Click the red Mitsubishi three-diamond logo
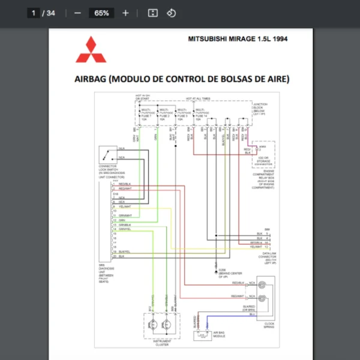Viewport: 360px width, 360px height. [90, 50]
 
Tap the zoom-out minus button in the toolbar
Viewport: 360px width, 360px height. [78, 13]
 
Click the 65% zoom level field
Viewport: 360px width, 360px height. [101, 13]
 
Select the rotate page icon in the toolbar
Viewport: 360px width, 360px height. [171, 13]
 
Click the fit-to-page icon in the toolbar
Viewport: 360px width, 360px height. [152, 13]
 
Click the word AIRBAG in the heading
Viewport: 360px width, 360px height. [91, 79]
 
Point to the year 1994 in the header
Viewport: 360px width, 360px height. [278, 39]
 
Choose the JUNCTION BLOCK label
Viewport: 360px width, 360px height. [260, 105]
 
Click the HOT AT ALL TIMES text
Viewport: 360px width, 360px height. [197, 98]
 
